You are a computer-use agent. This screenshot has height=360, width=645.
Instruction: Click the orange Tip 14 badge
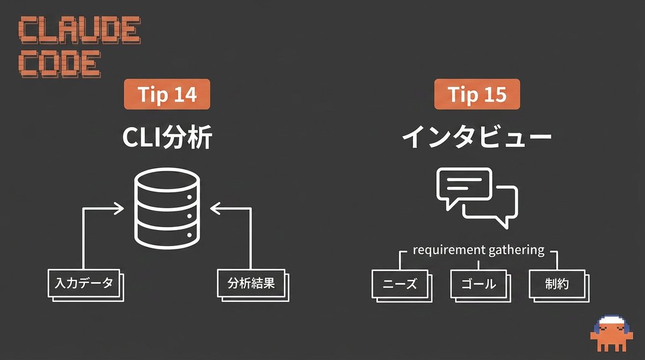[167, 94]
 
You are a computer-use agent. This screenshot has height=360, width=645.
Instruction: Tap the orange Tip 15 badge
[477, 94]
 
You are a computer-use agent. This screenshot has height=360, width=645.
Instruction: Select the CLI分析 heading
[167, 137]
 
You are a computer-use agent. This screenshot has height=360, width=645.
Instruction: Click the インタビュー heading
[477, 137]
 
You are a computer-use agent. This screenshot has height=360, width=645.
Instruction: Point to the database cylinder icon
[167, 208]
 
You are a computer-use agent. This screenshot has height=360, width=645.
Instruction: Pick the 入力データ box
[86, 285]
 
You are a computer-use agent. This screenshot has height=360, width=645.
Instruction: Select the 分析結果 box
[253, 285]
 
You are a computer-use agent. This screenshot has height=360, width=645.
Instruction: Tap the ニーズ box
[402, 286]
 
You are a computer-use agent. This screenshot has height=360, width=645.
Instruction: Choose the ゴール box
[481, 286]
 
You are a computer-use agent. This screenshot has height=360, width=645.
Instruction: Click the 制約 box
[559, 286]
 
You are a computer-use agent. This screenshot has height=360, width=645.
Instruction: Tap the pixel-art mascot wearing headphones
[612, 333]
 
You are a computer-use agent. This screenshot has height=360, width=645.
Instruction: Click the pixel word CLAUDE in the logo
[80, 30]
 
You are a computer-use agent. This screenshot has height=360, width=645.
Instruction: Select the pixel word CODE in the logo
[60, 64]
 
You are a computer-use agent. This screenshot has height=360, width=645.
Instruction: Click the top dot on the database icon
[189, 197]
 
